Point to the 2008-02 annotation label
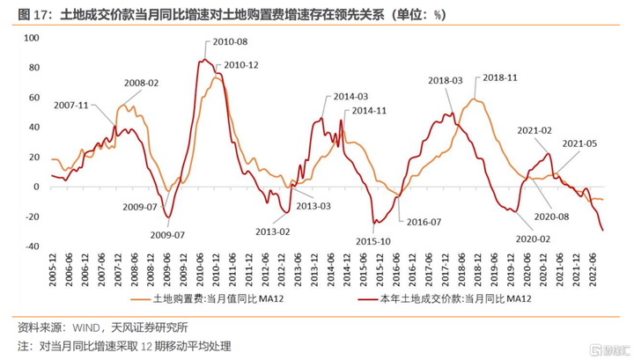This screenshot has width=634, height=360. pyautogui.click(x=141, y=83)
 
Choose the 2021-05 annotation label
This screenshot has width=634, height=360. pyautogui.click(x=579, y=143)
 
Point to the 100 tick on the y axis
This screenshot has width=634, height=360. pyautogui.click(x=33, y=38)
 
